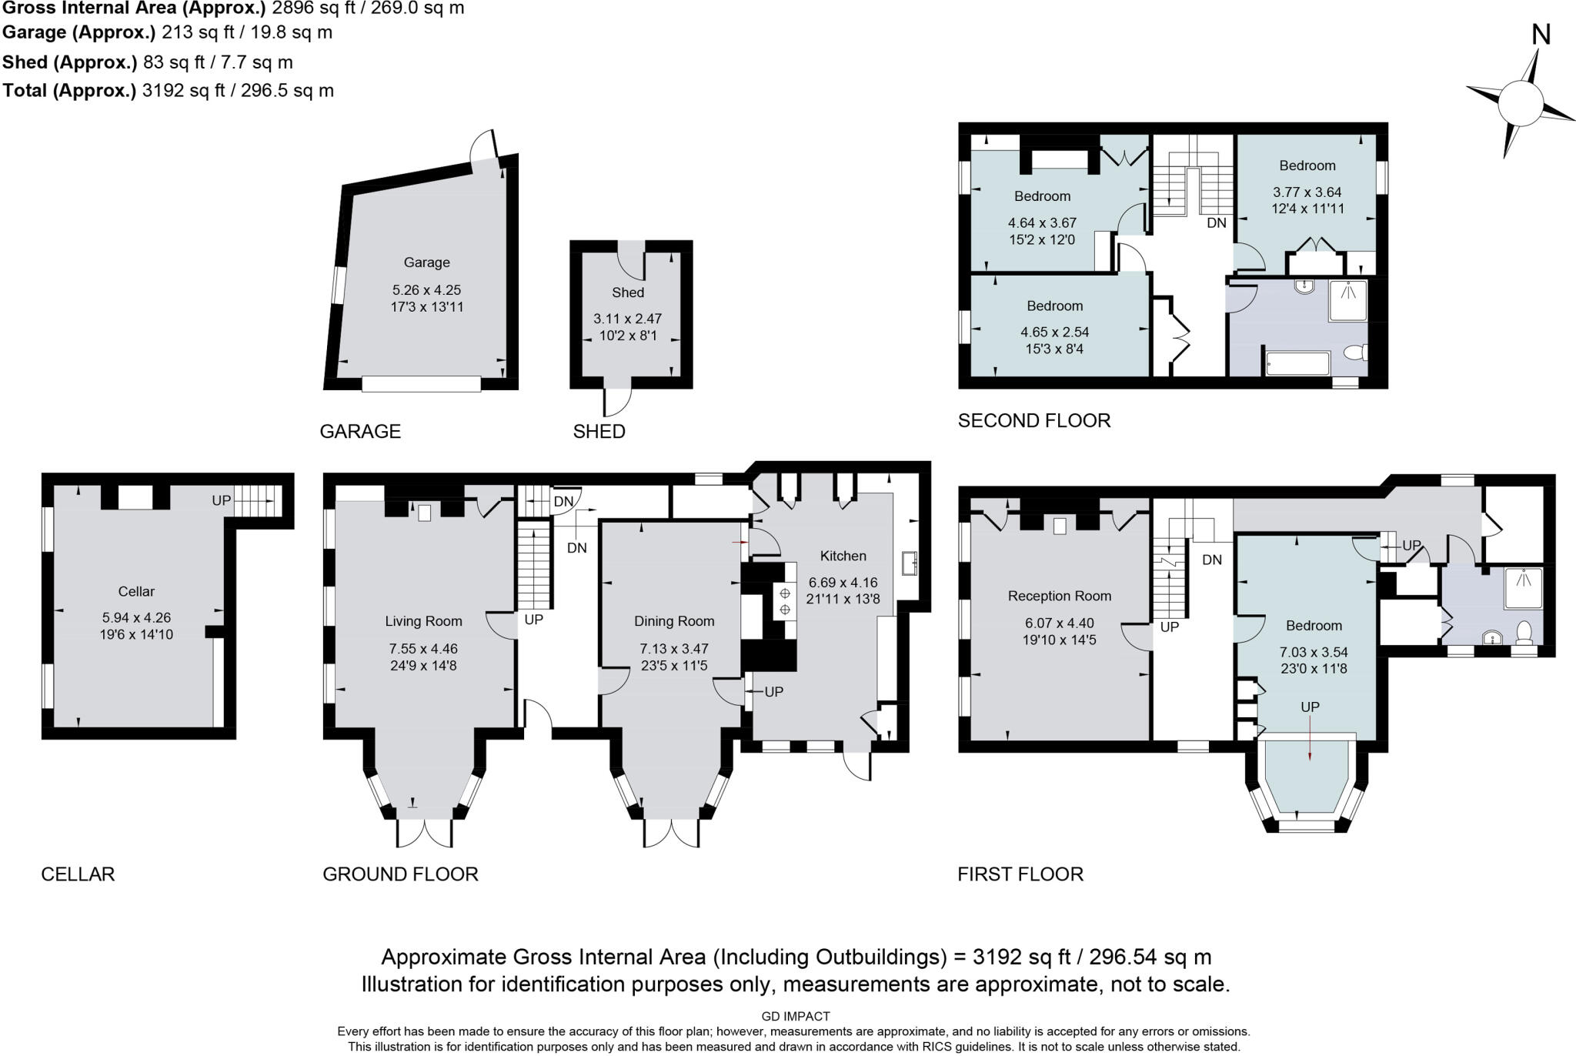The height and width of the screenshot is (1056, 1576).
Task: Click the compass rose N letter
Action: click(x=1541, y=35)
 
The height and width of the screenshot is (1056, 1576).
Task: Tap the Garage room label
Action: click(x=426, y=262)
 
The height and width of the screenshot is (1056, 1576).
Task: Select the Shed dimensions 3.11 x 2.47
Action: click(x=627, y=319)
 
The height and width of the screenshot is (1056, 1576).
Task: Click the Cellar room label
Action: click(x=136, y=591)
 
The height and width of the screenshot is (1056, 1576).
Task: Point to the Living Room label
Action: click(x=423, y=621)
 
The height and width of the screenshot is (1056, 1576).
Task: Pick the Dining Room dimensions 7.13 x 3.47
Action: click(x=673, y=649)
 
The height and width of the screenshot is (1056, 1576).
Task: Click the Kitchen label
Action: click(x=843, y=556)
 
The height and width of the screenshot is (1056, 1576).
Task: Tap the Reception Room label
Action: click(x=1059, y=596)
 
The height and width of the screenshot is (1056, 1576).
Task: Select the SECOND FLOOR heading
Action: click(x=1033, y=420)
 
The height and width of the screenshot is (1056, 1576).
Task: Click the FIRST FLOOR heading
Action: click(x=1020, y=874)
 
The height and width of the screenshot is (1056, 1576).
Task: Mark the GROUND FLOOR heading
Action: click(x=400, y=874)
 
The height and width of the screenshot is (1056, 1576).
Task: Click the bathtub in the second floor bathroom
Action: click(x=1297, y=363)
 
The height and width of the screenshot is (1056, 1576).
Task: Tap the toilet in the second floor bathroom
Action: click(x=1356, y=353)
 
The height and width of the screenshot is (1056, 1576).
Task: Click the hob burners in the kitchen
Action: click(x=785, y=601)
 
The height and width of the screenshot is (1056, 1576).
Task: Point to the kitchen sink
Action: click(x=910, y=563)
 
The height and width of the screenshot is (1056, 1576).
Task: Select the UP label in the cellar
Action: click(x=221, y=500)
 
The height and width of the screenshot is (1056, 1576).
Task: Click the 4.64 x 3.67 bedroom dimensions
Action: click(x=1042, y=222)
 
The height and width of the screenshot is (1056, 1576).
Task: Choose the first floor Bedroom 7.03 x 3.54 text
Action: click(x=1314, y=652)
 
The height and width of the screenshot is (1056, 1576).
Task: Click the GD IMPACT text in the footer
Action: click(x=795, y=1016)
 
